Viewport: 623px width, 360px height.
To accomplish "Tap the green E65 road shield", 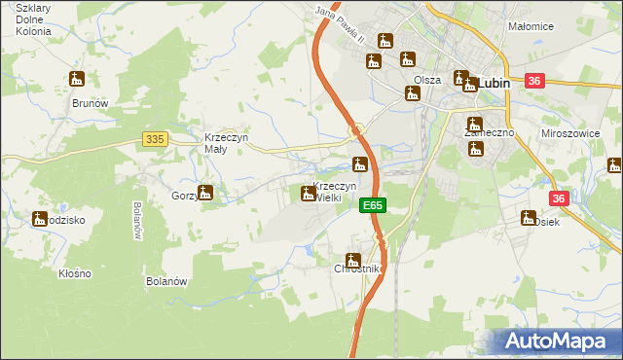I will (373, 206).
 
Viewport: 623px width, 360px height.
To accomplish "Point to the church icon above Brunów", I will (77, 79).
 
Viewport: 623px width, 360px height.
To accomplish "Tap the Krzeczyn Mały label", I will (228, 144).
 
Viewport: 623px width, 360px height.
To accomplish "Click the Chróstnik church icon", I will (353, 261).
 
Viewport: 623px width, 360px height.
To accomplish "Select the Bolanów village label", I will (165, 281).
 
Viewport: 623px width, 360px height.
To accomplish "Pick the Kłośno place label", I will (74, 273).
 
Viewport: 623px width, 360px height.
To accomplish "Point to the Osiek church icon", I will (530, 218).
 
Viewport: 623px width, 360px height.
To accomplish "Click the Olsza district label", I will (427, 80).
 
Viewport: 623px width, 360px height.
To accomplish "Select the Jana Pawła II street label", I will (339, 25).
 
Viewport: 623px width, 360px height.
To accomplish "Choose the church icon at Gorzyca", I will (205, 193).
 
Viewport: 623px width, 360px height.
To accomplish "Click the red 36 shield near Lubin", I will (533, 83).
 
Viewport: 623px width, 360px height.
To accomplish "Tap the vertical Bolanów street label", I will (137, 221).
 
